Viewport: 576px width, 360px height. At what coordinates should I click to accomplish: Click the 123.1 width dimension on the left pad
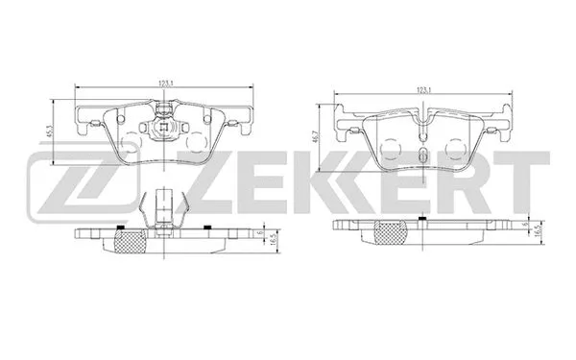click(167, 85)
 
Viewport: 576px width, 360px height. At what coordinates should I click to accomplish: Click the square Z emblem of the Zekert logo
click(58, 180)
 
